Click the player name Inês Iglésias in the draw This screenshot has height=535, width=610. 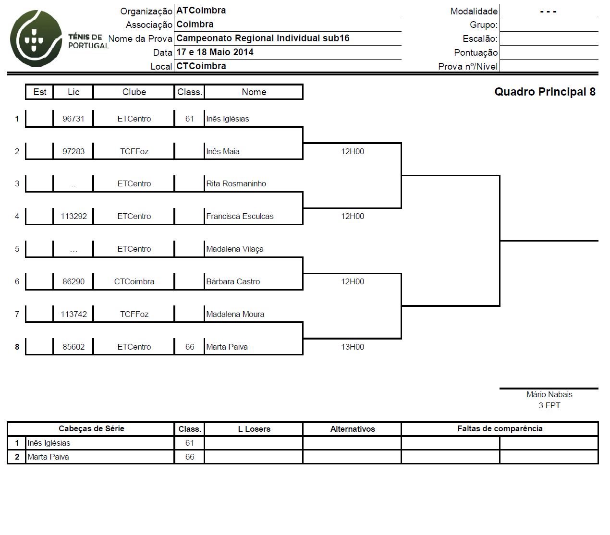[227, 119]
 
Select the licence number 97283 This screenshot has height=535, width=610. [73, 151]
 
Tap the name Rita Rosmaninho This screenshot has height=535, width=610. [236, 183]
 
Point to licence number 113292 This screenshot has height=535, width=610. [73, 216]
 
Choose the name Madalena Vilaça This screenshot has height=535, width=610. [234, 249]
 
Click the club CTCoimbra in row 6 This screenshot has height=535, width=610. [134, 281]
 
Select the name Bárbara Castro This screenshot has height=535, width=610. [233, 281]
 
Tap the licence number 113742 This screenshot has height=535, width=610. [73, 314]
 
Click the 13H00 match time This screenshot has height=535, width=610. [353, 347]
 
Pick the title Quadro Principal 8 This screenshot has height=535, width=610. [545, 92]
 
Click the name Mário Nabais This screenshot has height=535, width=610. [549, 394]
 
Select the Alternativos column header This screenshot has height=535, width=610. [353, 429]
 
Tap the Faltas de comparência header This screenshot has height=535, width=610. [500, 428]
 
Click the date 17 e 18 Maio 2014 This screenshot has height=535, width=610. [215, 52]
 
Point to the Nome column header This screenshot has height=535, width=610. [254, 92]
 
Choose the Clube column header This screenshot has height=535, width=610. [134, 92]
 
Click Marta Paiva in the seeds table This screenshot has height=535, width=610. [48, 457]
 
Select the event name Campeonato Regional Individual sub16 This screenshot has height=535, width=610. [263, 38]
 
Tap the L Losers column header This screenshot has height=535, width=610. [254, 429]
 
